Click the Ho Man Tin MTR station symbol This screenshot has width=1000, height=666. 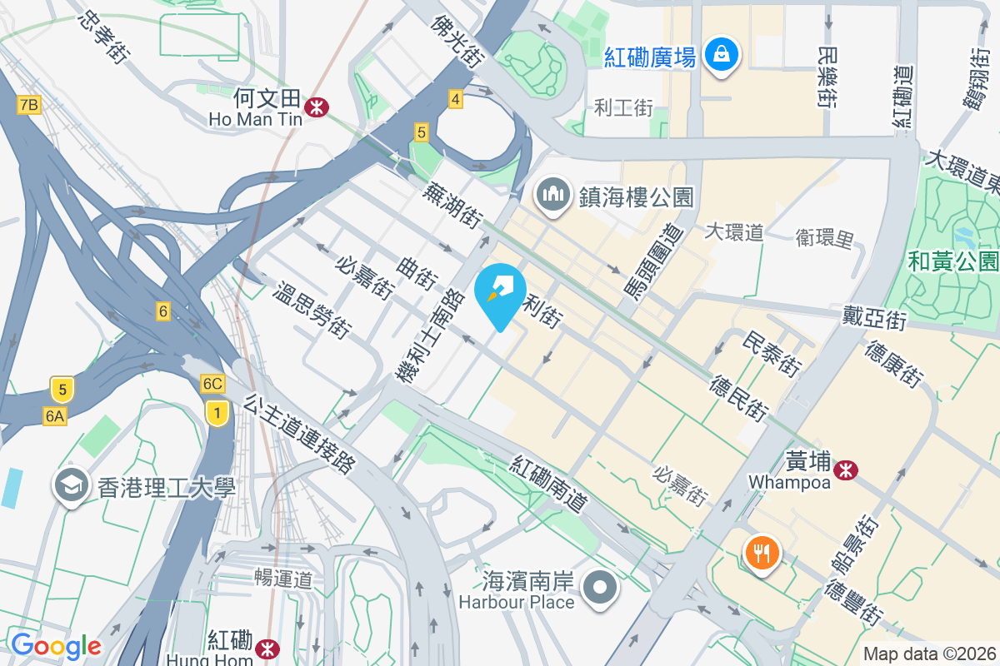(316, 107)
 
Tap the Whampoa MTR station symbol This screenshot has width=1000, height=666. (847, 470)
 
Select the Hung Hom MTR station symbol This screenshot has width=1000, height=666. (267, 647)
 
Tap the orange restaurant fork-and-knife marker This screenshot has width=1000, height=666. (762, 551)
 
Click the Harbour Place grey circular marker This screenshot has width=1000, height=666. (600, 589)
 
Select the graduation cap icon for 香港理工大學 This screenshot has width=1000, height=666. (72, 485)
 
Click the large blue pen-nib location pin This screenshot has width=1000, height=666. (500, 294)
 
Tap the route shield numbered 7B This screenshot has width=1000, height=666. (28, 104)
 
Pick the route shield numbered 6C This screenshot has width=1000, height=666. (212, 384)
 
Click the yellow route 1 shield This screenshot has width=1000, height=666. (217, 412)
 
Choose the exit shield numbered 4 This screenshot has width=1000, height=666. (455, 99)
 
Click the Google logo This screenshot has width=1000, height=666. (55, 645)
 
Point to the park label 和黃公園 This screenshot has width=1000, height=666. (952, 261)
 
